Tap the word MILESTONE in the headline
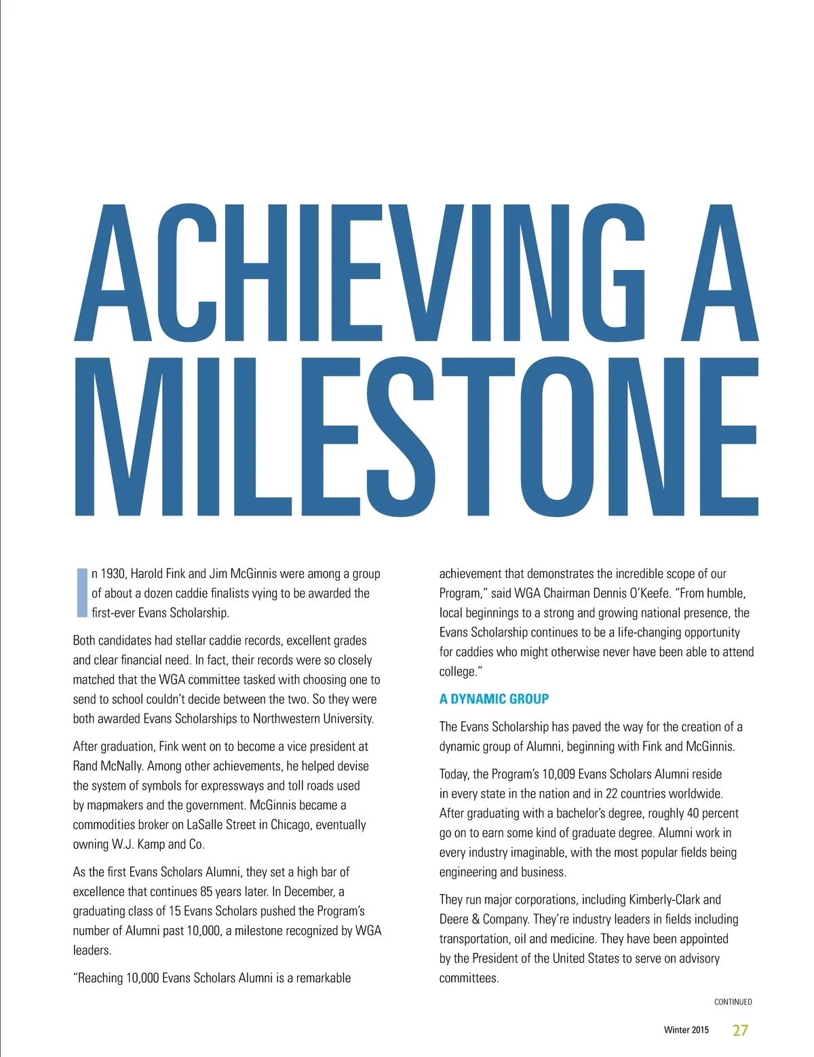415,436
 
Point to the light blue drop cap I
82,592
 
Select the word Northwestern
286,718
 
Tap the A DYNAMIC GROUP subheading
494,699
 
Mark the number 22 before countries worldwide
613,794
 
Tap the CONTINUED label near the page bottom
733,1002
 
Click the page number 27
740,1030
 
